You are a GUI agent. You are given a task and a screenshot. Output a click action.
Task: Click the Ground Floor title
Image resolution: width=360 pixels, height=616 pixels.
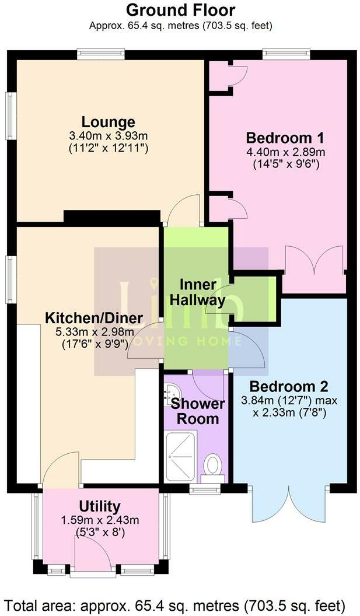[180, 10]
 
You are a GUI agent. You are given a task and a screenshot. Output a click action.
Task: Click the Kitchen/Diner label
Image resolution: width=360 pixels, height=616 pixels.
[94, 318]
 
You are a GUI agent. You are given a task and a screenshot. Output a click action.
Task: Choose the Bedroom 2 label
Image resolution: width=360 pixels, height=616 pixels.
[289, 386]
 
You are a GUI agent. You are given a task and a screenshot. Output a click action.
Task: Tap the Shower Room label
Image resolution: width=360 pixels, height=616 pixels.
[197, 411]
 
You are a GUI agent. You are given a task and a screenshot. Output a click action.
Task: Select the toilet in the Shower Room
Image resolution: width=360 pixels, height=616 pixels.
[214, 466]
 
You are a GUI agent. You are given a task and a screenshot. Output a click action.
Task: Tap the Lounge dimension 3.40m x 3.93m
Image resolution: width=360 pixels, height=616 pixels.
[108, 135]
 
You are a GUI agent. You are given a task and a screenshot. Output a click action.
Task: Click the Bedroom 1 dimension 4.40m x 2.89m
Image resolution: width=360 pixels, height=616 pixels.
[285, 152]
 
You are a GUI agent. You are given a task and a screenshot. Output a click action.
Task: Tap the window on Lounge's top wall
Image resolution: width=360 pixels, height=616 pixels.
[100, 54]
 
